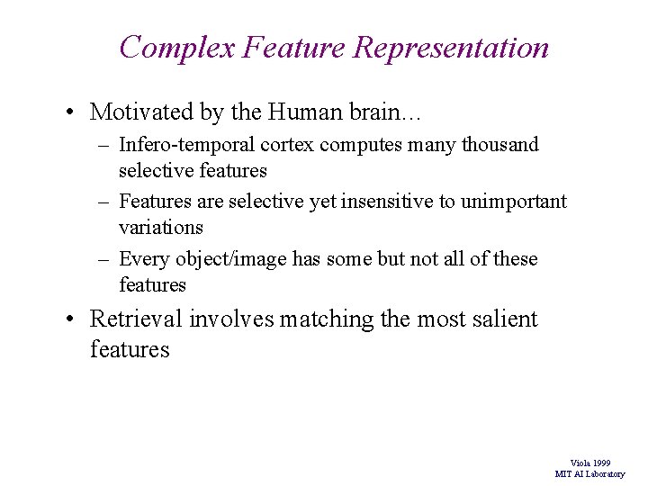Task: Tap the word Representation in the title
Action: (x=451, y=47)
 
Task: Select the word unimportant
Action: (x=513, y=202)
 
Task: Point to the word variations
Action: (x=161, y=227)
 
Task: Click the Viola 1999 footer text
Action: (x=590, y=463)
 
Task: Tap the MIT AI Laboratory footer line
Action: (x=589, y=473)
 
